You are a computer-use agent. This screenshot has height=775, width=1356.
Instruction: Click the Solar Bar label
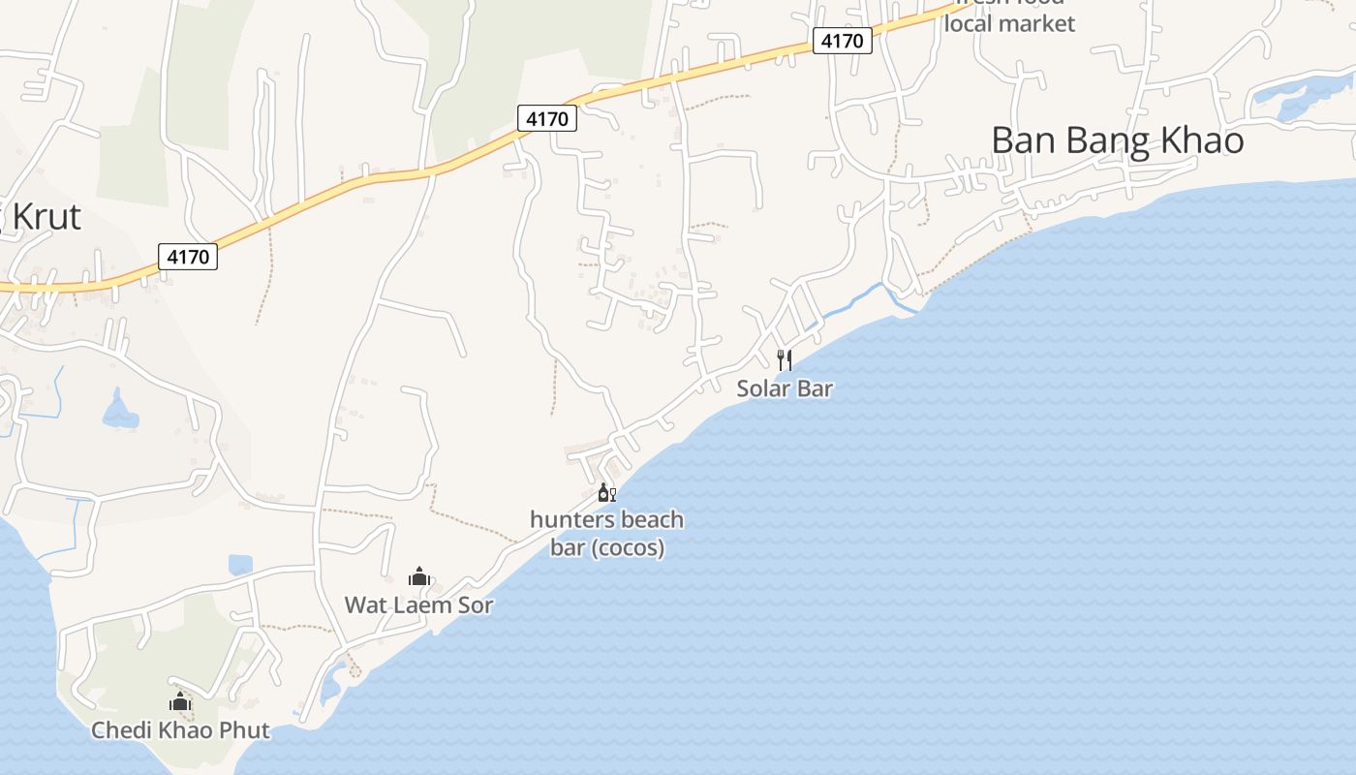pyautogui.click(x=785, y=388)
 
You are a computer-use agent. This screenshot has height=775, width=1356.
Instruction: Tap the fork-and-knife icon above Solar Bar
pyautogui.click(x=785, y=360)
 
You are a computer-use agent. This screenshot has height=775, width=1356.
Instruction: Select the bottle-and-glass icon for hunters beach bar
pyautogui.click(x=606, y=493)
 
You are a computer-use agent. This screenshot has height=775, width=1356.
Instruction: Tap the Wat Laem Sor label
pyautogui.click(x=418, y=605)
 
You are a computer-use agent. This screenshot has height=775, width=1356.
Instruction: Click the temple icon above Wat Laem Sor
pyautogui.click(x=418, y=577)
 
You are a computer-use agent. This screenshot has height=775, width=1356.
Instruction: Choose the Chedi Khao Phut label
pyautogui.click(x=180, y=730)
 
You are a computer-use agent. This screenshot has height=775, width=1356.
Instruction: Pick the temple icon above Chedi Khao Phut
pyautogui.click(x=180, y=702)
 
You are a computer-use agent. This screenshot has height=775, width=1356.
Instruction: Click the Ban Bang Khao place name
pyautogui.click(x=1117, y=140)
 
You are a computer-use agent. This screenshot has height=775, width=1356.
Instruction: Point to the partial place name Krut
pyautogui.click(x=46, y=216)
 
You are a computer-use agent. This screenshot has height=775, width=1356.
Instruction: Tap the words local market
pyautogui.click(x=1009, y=23)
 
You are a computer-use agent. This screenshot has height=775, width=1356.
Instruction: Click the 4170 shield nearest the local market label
pyautogui.click(x=843, y=41)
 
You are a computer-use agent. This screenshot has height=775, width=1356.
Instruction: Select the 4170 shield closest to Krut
pyautogui.click(x=188, y=257)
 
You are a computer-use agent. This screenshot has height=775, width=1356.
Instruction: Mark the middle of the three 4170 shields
pyautogui.click(x=547, y=118)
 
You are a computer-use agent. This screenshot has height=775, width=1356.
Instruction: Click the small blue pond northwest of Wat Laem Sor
pyautogui.click(x=240, y=565)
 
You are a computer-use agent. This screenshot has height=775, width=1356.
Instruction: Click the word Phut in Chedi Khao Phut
pyautogui.click(x=242, y=730)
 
